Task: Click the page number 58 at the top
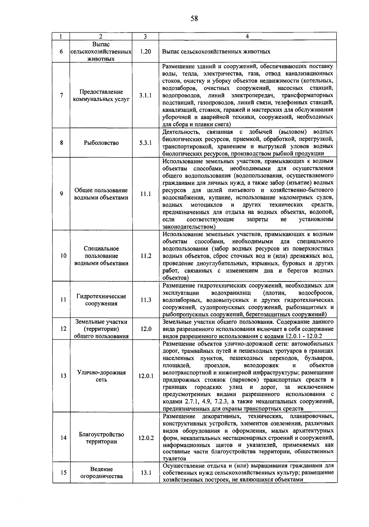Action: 194,19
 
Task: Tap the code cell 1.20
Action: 145,51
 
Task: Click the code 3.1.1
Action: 145,95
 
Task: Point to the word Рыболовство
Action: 101,143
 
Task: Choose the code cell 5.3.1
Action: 145,143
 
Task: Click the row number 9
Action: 61,194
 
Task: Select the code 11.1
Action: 145,194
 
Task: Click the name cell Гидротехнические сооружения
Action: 101,300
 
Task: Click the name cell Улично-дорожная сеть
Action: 101,376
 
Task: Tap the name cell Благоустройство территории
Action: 101,438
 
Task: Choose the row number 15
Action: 63,473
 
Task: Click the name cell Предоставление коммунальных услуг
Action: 101,95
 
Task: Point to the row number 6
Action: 61,51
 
